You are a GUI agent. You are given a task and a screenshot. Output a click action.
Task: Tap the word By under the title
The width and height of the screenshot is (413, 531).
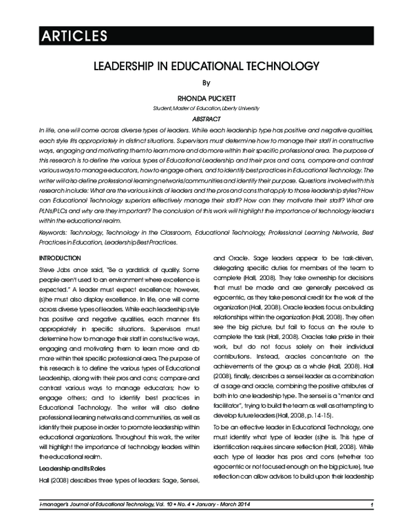206,84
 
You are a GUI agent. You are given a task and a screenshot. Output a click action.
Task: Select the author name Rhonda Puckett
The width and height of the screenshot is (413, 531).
206,98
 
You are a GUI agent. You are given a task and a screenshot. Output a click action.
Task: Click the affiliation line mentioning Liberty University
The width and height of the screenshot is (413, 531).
206,108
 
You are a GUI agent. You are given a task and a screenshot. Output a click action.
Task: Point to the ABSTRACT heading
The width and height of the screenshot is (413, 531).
206,118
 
